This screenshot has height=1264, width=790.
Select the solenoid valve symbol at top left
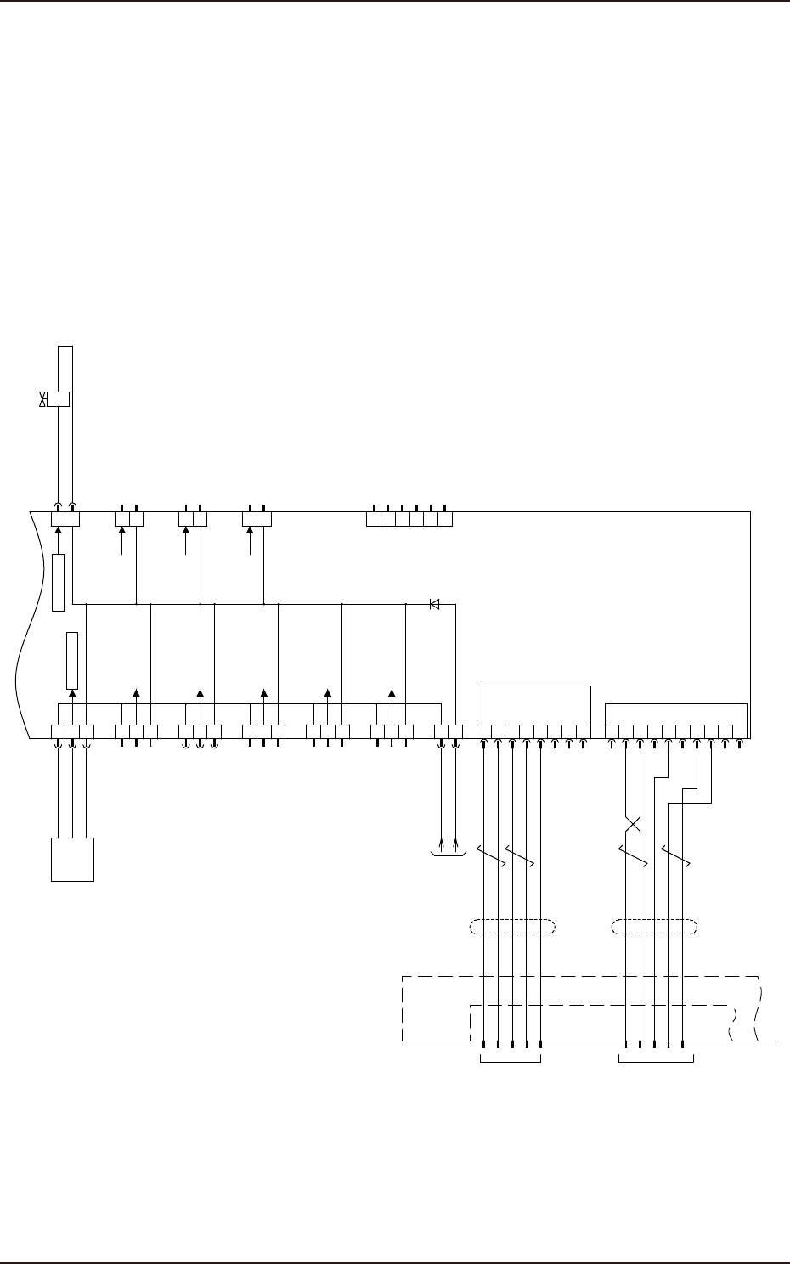tap(56, 399)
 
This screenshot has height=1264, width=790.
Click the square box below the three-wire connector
tap(72, 859)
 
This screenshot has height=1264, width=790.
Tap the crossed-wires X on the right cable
tap(632, 825)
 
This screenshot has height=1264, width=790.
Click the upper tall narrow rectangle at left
tap(58, 582)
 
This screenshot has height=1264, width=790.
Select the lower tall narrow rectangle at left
tap(72, 660)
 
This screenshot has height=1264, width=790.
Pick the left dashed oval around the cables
tap(511, 926)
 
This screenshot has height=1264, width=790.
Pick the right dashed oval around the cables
tap(655, 926)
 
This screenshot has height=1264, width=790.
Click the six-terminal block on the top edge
tap(409, 518)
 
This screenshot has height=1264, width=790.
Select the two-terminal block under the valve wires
tap(65, 518)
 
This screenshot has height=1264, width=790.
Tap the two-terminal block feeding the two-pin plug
tap(449, 731)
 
